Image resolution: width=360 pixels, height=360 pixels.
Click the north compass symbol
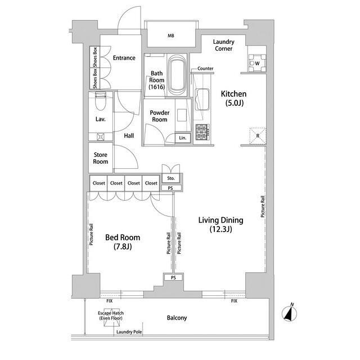coord(290,313)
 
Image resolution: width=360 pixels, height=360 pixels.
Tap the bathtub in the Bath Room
coord(177,75)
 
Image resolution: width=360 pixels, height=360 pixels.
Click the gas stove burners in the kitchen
coord(202,132)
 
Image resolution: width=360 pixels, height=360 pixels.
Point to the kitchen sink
coord(202,100)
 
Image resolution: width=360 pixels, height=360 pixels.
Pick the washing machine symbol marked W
coord(257,63)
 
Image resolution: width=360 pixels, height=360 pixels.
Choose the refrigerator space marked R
coord(258,136)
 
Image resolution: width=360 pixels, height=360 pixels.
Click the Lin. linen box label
coord(183,138)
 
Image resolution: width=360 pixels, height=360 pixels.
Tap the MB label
coord(171,35)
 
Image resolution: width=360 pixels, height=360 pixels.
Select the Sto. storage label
coord(171,178)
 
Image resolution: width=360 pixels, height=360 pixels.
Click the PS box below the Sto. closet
coord(171,188)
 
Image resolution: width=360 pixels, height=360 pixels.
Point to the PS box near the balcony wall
coord(173,277)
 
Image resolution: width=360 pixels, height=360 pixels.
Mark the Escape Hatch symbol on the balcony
coord(111,317)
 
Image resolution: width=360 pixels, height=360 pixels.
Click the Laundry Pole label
coord(129,332)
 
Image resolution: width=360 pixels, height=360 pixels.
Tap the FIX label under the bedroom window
coord(110,301)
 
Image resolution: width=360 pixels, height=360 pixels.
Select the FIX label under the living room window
coord(234,301)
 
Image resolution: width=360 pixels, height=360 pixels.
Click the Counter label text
coord(205,69)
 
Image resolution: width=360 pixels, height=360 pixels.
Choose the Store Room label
coord(101,158)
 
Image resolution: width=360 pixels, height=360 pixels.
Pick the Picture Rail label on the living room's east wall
coord(263,206)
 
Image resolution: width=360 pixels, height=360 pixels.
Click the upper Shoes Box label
coord(95,57)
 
